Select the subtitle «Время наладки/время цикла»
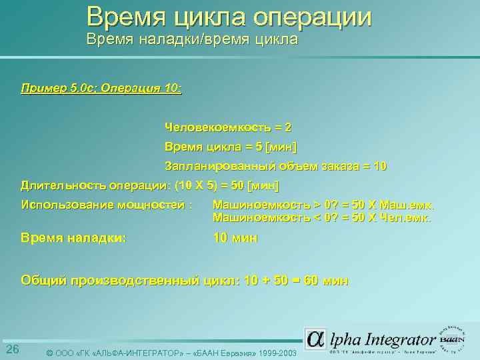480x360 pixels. click(192, 40)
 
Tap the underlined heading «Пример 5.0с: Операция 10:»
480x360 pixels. click(101, 88)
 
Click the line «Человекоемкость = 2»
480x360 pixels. click(228, 127)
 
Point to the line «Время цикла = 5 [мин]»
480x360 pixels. click(231, 147)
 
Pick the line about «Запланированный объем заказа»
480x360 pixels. click(275, 166)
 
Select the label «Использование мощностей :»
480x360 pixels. click(107, 204)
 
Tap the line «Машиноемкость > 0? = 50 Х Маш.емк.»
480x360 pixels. click(323, 205)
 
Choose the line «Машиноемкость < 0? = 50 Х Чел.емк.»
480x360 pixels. click(323, 217)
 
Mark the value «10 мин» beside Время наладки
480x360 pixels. click(235, 237)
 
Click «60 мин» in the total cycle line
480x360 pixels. click(326, 281)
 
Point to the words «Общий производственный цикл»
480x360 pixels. click(129, 281)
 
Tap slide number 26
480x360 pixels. click(12, 350)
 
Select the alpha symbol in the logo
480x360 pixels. click(316, 339)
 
